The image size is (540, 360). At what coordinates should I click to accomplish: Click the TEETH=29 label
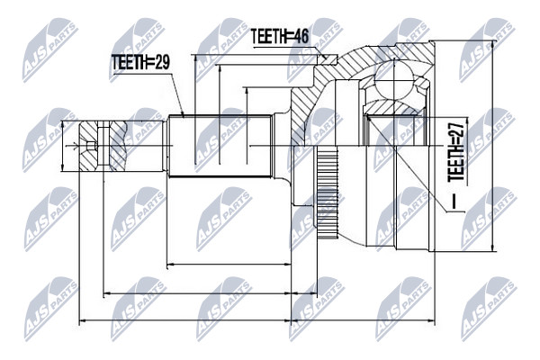[x=140, y=63]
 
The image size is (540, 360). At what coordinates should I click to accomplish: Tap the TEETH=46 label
[x=280, y=37]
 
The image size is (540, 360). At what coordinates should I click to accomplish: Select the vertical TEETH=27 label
[x=456, y=153]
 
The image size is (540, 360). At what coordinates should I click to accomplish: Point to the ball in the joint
[x=392, y=79]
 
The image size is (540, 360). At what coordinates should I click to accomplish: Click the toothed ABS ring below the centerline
[x=328, y=193]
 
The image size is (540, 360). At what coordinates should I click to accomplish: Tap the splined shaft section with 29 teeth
[x=220, y=146]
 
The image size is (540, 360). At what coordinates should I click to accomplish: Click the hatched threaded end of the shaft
[x=103, y=146]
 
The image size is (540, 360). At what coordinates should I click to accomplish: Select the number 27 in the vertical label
[x=456, y=131]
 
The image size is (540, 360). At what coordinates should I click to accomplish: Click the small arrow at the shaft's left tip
[x=72, y=147]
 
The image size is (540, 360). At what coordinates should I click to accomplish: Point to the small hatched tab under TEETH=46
[x=328, y=59]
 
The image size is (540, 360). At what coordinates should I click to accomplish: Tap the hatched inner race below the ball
[x=394, y=107]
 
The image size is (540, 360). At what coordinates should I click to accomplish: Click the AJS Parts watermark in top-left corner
[x=50, y=49]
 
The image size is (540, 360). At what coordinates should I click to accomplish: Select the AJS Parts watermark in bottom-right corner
[x=489, y=309]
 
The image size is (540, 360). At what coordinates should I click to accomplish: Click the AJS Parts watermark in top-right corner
[x=488, y=49]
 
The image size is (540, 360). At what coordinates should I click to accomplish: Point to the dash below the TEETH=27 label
[x=454, y=202]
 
